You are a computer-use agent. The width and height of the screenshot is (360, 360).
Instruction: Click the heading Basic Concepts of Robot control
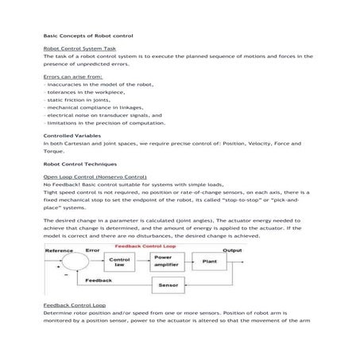pos(87,37)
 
